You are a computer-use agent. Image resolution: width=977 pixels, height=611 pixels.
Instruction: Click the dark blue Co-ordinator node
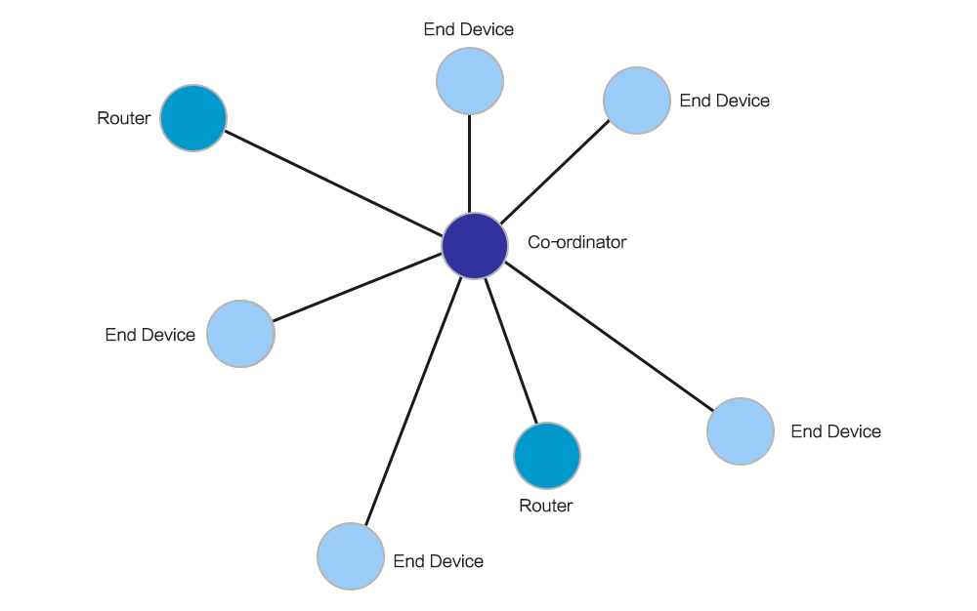475,246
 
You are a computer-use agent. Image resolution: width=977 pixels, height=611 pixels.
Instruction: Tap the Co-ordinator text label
576,242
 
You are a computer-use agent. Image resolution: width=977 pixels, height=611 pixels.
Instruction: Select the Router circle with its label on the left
193,118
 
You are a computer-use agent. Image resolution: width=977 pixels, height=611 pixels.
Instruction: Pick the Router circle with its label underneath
547,456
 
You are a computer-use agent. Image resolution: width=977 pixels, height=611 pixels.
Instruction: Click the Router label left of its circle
124,119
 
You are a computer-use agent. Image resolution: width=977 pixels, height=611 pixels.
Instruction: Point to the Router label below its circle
545,506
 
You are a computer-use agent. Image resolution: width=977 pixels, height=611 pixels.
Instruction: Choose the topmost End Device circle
469,82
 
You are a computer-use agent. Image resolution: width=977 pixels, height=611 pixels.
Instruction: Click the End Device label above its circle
468,30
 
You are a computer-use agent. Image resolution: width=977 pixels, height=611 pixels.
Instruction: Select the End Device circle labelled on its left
240,334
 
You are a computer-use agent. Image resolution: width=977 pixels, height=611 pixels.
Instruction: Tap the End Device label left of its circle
150,335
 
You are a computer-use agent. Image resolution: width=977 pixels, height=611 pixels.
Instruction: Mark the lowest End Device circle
351,556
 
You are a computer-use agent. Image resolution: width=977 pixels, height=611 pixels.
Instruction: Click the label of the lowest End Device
438,561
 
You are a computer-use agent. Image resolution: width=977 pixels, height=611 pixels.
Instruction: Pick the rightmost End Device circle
741,431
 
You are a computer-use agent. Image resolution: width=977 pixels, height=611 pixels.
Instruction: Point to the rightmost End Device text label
835,431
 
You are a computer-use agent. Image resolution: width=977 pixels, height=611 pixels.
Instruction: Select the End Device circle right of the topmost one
637,101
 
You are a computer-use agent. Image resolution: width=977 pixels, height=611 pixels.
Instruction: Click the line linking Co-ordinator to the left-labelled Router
332,182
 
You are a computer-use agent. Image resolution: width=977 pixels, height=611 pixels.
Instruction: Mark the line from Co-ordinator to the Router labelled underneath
511,351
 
